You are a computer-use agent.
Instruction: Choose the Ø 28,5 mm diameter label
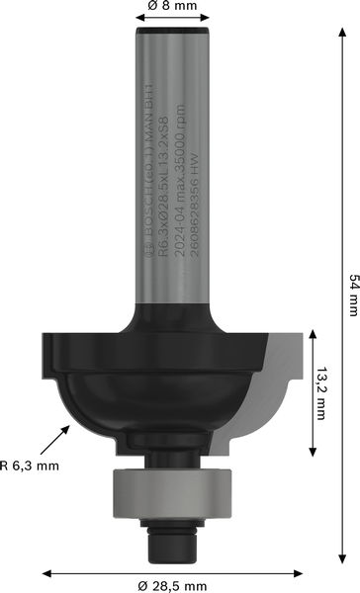point(175,585)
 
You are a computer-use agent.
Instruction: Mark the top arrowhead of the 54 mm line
point(342,30)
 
